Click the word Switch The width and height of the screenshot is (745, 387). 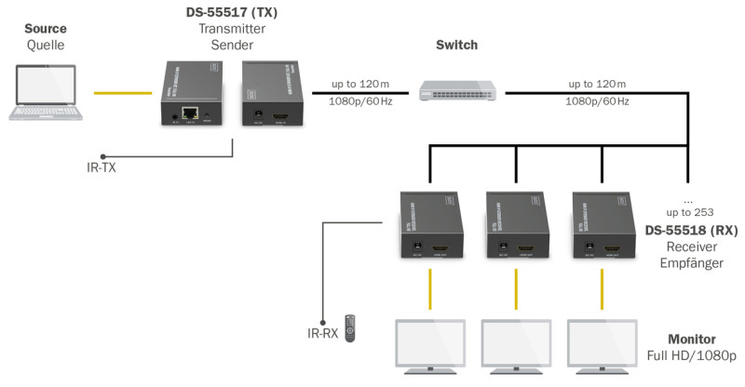click(x=457, y=46)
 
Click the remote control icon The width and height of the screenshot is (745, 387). click(x=349, y=327)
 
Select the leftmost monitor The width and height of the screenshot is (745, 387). click(x=430, y=345)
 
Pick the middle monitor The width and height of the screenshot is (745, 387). click(x=516, y=345)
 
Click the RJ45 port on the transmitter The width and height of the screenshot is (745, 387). click(x=191, y=113)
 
